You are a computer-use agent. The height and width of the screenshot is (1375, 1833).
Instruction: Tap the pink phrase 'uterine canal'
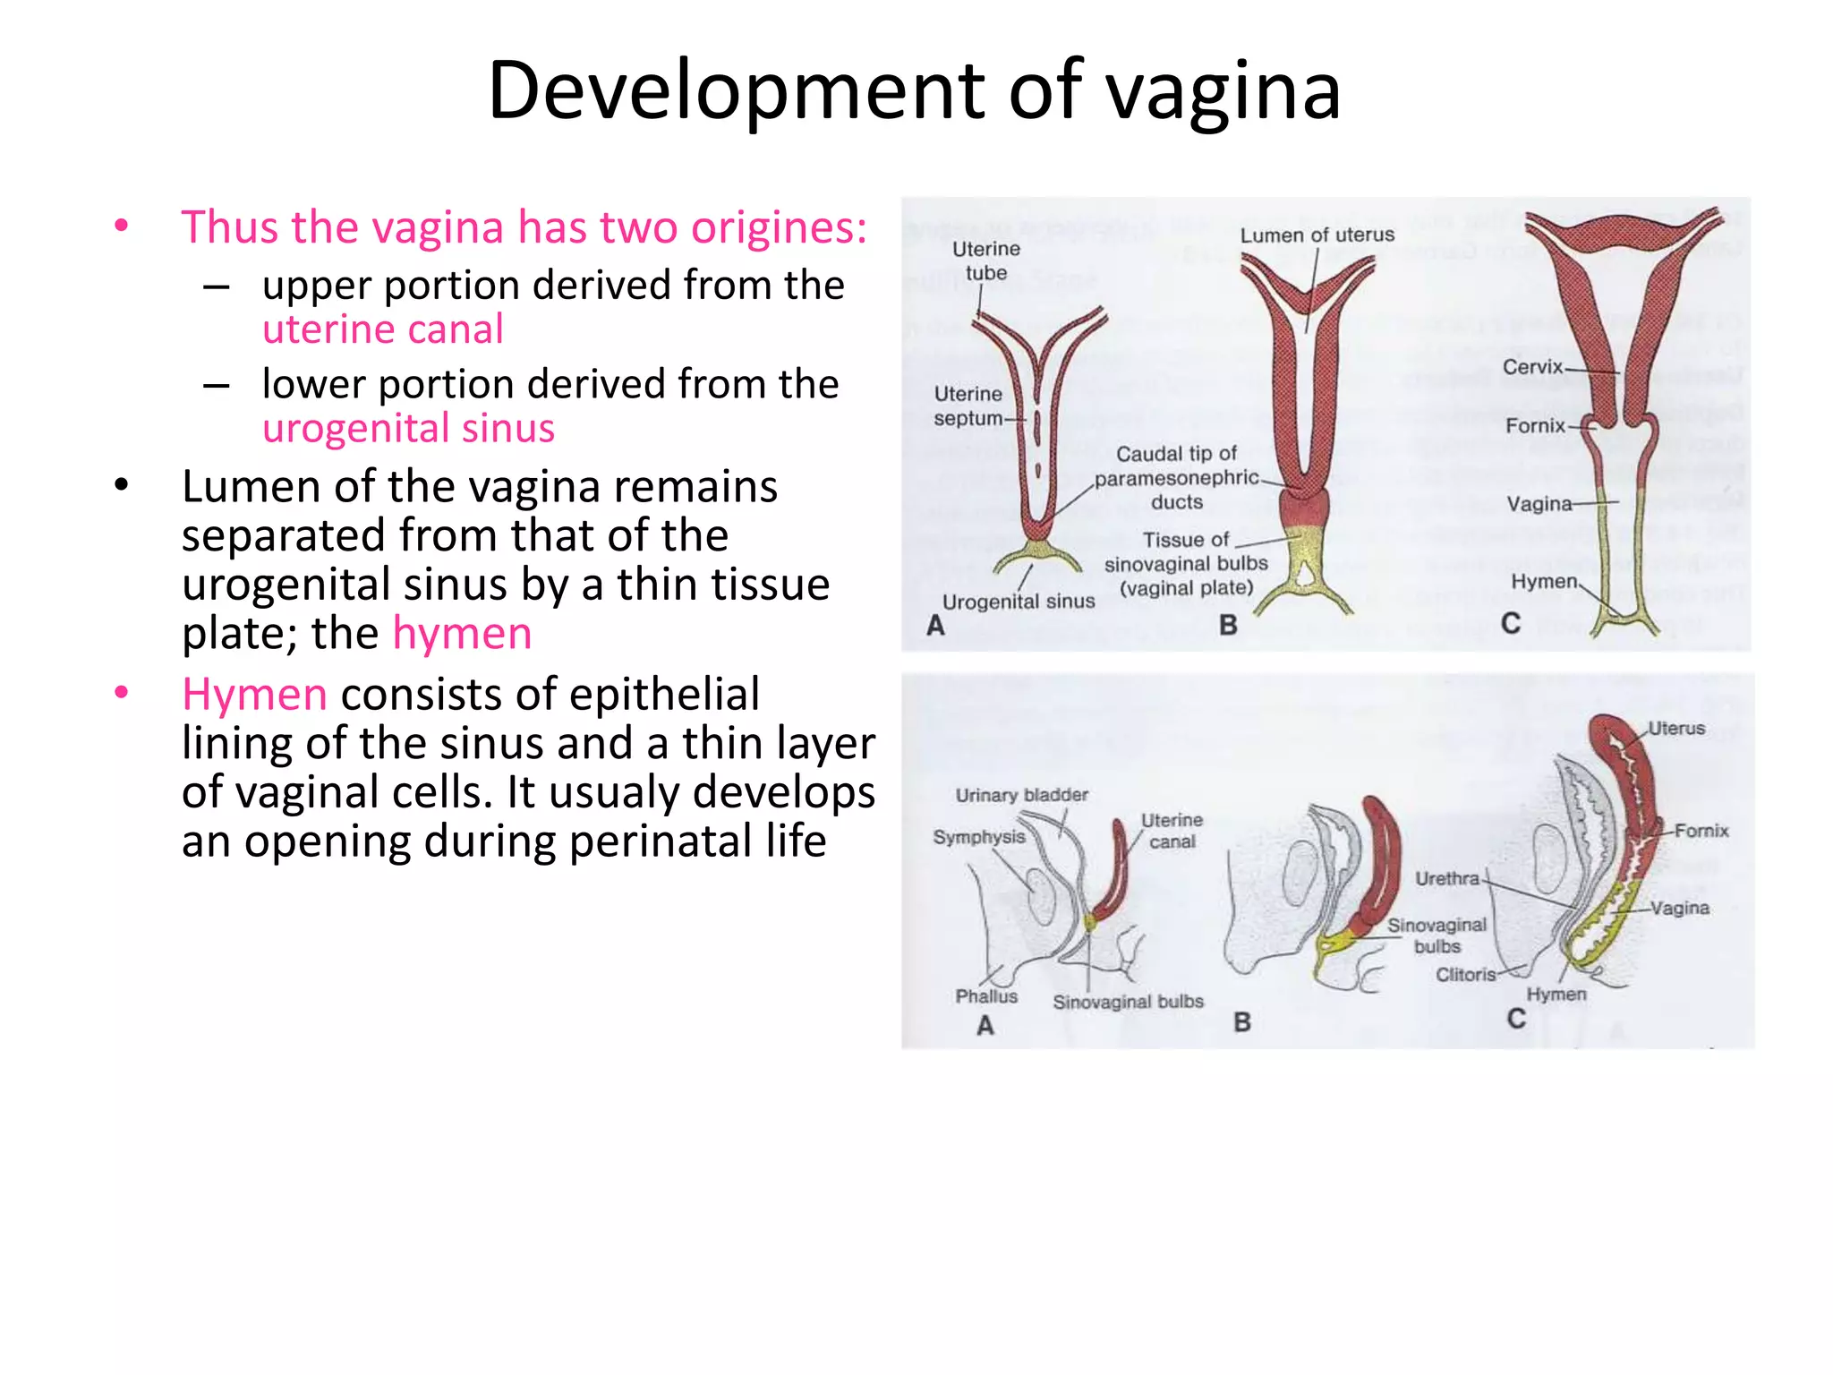pos(382,329)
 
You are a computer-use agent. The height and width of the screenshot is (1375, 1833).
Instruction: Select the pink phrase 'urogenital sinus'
pos(408,428)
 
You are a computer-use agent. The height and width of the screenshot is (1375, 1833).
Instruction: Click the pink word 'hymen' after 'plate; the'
pos(462,634)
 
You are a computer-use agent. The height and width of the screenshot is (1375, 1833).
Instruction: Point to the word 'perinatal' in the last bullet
pos(661,841)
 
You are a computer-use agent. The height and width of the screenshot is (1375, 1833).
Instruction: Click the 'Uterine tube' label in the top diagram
pos(985,260)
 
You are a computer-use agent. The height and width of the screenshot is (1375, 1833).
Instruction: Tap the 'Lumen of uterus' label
pos(1317,235)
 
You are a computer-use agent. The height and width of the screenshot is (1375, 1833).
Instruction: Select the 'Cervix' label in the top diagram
pos(1532,367)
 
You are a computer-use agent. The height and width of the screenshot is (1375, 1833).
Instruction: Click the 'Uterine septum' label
pos(968,406)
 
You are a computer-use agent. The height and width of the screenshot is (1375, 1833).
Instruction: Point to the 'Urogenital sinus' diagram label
pos(1019,602)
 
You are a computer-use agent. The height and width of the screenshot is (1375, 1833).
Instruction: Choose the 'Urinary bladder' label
pos(1021,795)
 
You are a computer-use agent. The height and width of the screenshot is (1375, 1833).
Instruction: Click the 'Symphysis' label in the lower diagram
pos(978,837)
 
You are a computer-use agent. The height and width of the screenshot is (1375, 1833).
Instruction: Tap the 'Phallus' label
pos(986,996)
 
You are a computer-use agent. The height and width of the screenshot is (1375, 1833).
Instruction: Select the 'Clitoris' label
pos(1465,975)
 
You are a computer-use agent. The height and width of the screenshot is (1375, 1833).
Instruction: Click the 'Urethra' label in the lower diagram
pos(1446,879)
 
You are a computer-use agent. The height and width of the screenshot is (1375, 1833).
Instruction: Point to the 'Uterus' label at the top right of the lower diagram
pos(1676,729)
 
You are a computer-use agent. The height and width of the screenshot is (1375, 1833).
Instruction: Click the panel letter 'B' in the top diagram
pos(1228,625)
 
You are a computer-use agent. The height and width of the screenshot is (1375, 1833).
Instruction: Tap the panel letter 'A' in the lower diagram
pos(985,1026)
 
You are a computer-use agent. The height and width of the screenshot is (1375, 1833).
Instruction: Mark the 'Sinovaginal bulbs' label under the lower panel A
pos(1128,1002)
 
